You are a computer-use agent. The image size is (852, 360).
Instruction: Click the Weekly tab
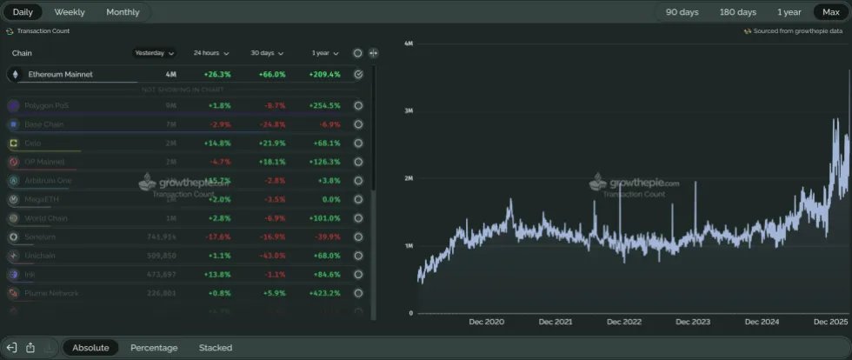70,12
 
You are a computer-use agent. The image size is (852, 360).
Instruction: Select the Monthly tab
123,12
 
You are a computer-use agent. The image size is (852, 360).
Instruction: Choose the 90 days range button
682,12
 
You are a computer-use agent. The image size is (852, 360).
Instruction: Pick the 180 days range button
736,12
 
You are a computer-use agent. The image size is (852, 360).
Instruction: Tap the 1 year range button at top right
789,12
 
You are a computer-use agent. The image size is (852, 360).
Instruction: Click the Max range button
831,12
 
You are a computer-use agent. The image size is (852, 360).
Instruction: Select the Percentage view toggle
154,348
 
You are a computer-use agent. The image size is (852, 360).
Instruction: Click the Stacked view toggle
216,348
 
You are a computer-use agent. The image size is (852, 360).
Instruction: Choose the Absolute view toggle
90,348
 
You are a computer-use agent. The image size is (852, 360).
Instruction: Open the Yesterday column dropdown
155,53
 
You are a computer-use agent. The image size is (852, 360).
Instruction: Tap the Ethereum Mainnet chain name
60,75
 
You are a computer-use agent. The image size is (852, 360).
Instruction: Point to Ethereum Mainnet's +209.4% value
323,75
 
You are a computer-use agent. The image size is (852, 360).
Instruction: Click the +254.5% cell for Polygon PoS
323,105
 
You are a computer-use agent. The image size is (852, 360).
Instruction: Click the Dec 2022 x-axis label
624,322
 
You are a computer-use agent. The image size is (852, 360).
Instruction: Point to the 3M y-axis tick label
408,110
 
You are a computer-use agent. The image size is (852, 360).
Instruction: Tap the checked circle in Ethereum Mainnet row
358,75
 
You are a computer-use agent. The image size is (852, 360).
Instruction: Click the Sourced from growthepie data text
797,31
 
